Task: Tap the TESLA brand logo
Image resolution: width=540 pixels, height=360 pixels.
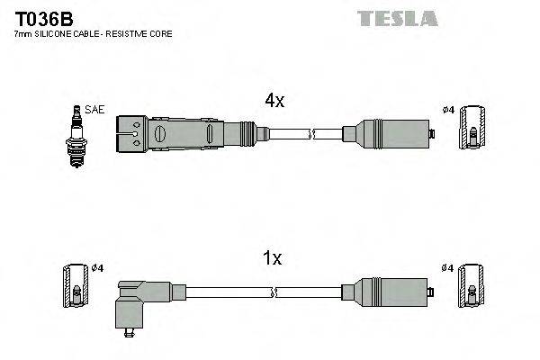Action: pos(397,18)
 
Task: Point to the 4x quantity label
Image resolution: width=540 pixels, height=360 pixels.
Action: pos(274,102)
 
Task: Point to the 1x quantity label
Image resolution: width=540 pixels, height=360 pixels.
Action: pos(272,259)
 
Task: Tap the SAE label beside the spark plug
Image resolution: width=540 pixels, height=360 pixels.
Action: pos(96,109)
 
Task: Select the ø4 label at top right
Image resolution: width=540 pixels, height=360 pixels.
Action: pos(447,111)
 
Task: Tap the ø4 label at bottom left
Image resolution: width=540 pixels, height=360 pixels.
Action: pos(98,268)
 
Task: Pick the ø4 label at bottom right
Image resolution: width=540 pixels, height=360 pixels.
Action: pos(447,268)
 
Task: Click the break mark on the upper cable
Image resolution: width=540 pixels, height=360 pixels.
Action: pos(310,135)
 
